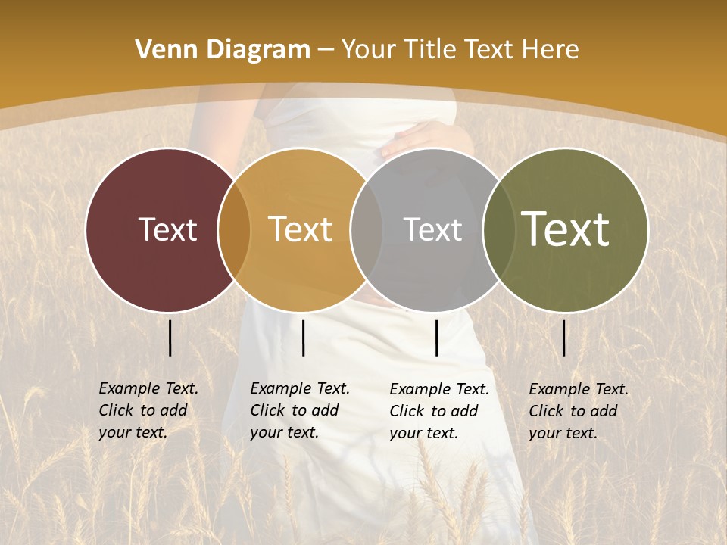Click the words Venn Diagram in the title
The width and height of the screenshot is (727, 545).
[223, 50]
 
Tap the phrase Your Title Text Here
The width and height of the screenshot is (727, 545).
[460, 50]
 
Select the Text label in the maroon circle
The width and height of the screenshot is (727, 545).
[167, 229]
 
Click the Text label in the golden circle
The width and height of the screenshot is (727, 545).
[300, 229]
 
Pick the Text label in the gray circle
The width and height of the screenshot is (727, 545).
[432, 229]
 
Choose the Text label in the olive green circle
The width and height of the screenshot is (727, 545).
[565, 229]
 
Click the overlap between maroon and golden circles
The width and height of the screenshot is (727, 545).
[234, 230]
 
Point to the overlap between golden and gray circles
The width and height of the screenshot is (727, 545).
[367, 230]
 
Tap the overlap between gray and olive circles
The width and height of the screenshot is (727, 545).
[499, 230]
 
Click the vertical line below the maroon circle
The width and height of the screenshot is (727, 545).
[170, 338]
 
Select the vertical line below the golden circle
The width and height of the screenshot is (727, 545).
[303, 338]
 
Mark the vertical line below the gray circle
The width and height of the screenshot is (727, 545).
[436, 338]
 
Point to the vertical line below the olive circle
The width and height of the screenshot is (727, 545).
[563, 338]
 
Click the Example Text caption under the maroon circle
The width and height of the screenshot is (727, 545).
[148, 410]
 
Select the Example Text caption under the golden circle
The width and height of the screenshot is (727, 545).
[299, 410]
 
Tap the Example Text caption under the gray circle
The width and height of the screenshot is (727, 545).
[438, 411]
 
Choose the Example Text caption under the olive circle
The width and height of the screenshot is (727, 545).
[578, 411]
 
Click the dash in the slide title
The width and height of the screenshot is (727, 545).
[326, 51]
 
